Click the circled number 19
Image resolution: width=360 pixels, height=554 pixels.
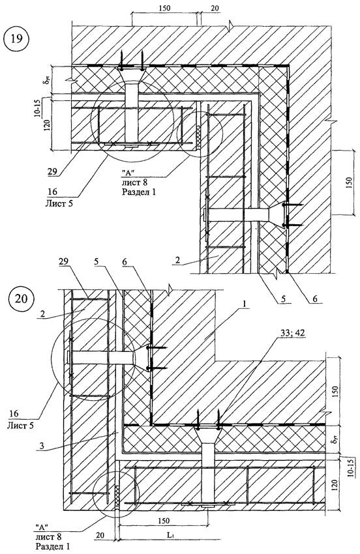[16, 38]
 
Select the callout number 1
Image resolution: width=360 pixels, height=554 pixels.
[246, 304]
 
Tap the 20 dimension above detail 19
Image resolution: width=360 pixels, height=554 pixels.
[215, 8]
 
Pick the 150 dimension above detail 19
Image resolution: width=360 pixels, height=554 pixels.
[164, 8]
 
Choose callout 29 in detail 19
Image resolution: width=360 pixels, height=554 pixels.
[52, 172]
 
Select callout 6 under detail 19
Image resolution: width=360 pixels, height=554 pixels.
[315, 299]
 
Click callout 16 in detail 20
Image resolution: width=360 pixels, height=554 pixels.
[14, 413]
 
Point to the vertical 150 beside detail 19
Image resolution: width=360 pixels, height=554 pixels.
[349, 182]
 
